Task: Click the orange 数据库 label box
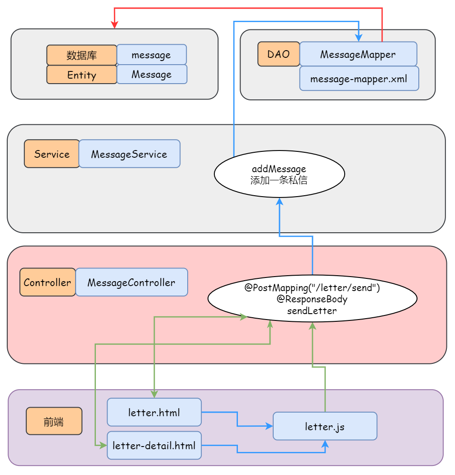[81, 55]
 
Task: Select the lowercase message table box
[152, 55]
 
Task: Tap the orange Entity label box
[81, 75]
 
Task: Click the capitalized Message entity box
[152, 74]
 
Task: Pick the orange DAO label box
[278, 54]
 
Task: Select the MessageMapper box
[358, 54]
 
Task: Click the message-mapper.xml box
[359, 79]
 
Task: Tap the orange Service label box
[52, 154]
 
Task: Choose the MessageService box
[129, 154]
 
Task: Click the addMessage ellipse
[279, 174]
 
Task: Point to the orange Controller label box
[47, 282]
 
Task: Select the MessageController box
[131, 282]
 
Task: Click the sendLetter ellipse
[312, 299]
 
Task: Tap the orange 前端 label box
[54, 421]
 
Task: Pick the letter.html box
[154, 412]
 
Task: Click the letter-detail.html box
[154, 446]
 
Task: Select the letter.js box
[325, 426]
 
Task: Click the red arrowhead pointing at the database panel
[114, 25]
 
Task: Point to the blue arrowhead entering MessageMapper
[359, 38]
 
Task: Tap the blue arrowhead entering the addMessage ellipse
[280, 201]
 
